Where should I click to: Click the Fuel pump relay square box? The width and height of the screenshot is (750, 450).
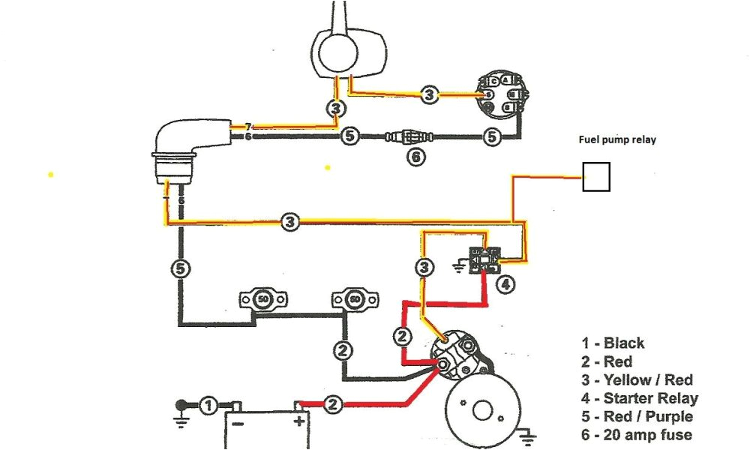point(597,177)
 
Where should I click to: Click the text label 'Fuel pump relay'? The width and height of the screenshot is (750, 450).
point(616,139)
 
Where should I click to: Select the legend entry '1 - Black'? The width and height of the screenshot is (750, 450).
point(612,343)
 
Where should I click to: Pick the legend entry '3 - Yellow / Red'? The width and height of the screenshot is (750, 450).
point(637,380)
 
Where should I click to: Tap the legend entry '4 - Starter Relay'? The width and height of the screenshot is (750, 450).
point(639,398)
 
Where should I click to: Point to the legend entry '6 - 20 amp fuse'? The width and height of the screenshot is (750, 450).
point(636,435)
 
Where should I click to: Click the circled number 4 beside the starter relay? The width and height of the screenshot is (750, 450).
point(507,284)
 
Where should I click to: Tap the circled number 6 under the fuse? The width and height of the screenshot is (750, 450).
point(415,157)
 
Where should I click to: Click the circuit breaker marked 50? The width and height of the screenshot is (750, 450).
point(262,300)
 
